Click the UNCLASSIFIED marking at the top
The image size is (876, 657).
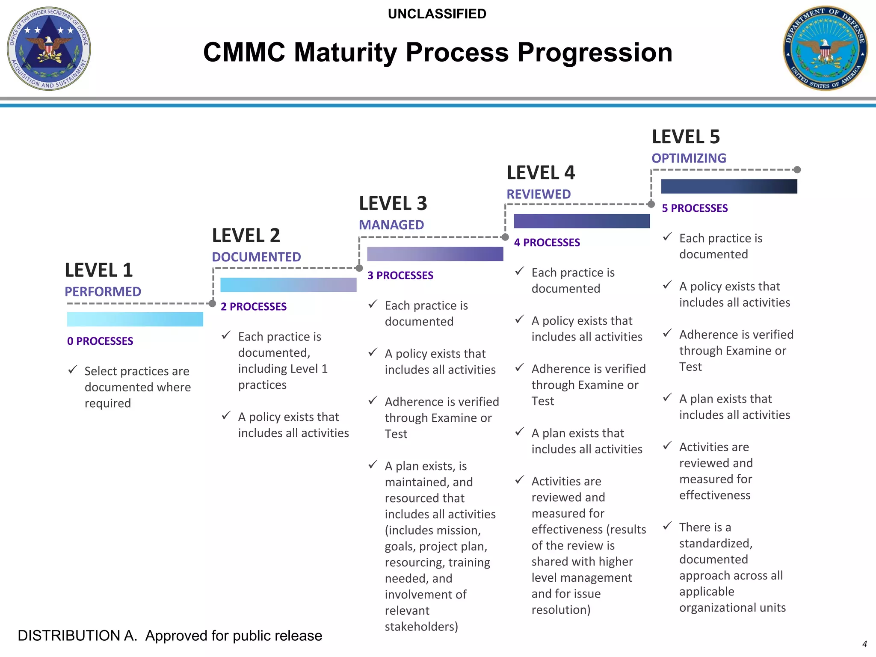437,14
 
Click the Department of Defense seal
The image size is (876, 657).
825,48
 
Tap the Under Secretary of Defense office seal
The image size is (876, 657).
49,48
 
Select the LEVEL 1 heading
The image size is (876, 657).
99,270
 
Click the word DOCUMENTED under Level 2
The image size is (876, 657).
256,257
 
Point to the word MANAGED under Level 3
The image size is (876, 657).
391,225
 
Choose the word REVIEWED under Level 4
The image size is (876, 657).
538,194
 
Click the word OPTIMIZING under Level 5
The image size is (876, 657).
689,158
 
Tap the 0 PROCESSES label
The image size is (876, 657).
100,341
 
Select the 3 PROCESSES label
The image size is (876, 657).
400,275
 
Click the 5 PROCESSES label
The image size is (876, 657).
695,208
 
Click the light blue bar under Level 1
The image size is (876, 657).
135,320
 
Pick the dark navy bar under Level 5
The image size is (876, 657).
729,186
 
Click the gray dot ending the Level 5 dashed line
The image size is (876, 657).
797,170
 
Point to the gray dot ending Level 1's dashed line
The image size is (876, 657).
212,304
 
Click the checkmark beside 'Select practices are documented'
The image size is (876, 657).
72,370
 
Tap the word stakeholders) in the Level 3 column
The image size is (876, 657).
421,627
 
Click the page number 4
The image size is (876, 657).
864,644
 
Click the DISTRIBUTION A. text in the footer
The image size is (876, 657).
77,636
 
